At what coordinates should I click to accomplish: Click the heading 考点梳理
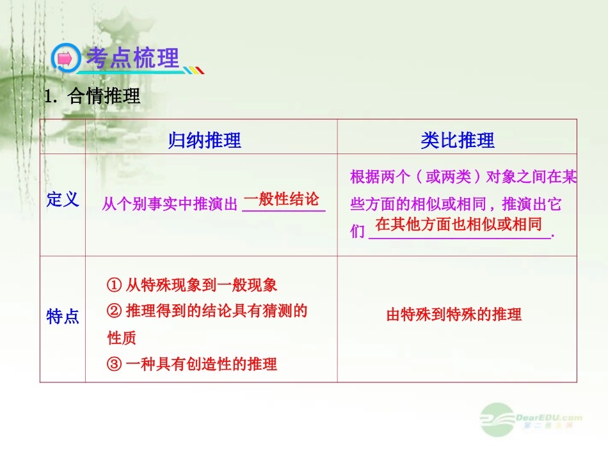[x=132, y=58]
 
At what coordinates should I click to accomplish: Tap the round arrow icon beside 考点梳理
[x=65, y=59]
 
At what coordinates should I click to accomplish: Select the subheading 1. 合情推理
[x=92, y=97]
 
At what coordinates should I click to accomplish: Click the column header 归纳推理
[x=205, y=140]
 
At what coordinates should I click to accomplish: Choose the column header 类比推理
[x=457, y=140]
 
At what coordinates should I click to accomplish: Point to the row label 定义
[x=63, y=200]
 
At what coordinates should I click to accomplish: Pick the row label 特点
[x=63, y=317]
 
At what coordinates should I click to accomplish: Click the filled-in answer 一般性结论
[x=282, y=199]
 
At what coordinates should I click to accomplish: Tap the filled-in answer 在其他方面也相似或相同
[x=458, y=224]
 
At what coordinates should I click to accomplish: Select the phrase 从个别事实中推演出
[x=170, y=205]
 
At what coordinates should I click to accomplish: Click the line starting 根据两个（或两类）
[x=463, y=177]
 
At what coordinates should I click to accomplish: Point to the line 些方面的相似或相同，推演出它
[x=456, y=205]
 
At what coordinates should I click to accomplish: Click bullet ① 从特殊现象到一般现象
[x=192, y=285]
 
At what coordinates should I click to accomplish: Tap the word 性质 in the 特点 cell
[x=122, y=338]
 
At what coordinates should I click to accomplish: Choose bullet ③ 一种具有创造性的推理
[x=192, y=365]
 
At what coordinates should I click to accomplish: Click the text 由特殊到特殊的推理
[x=454, y=315]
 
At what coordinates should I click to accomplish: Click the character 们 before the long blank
[x=358, y=232]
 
